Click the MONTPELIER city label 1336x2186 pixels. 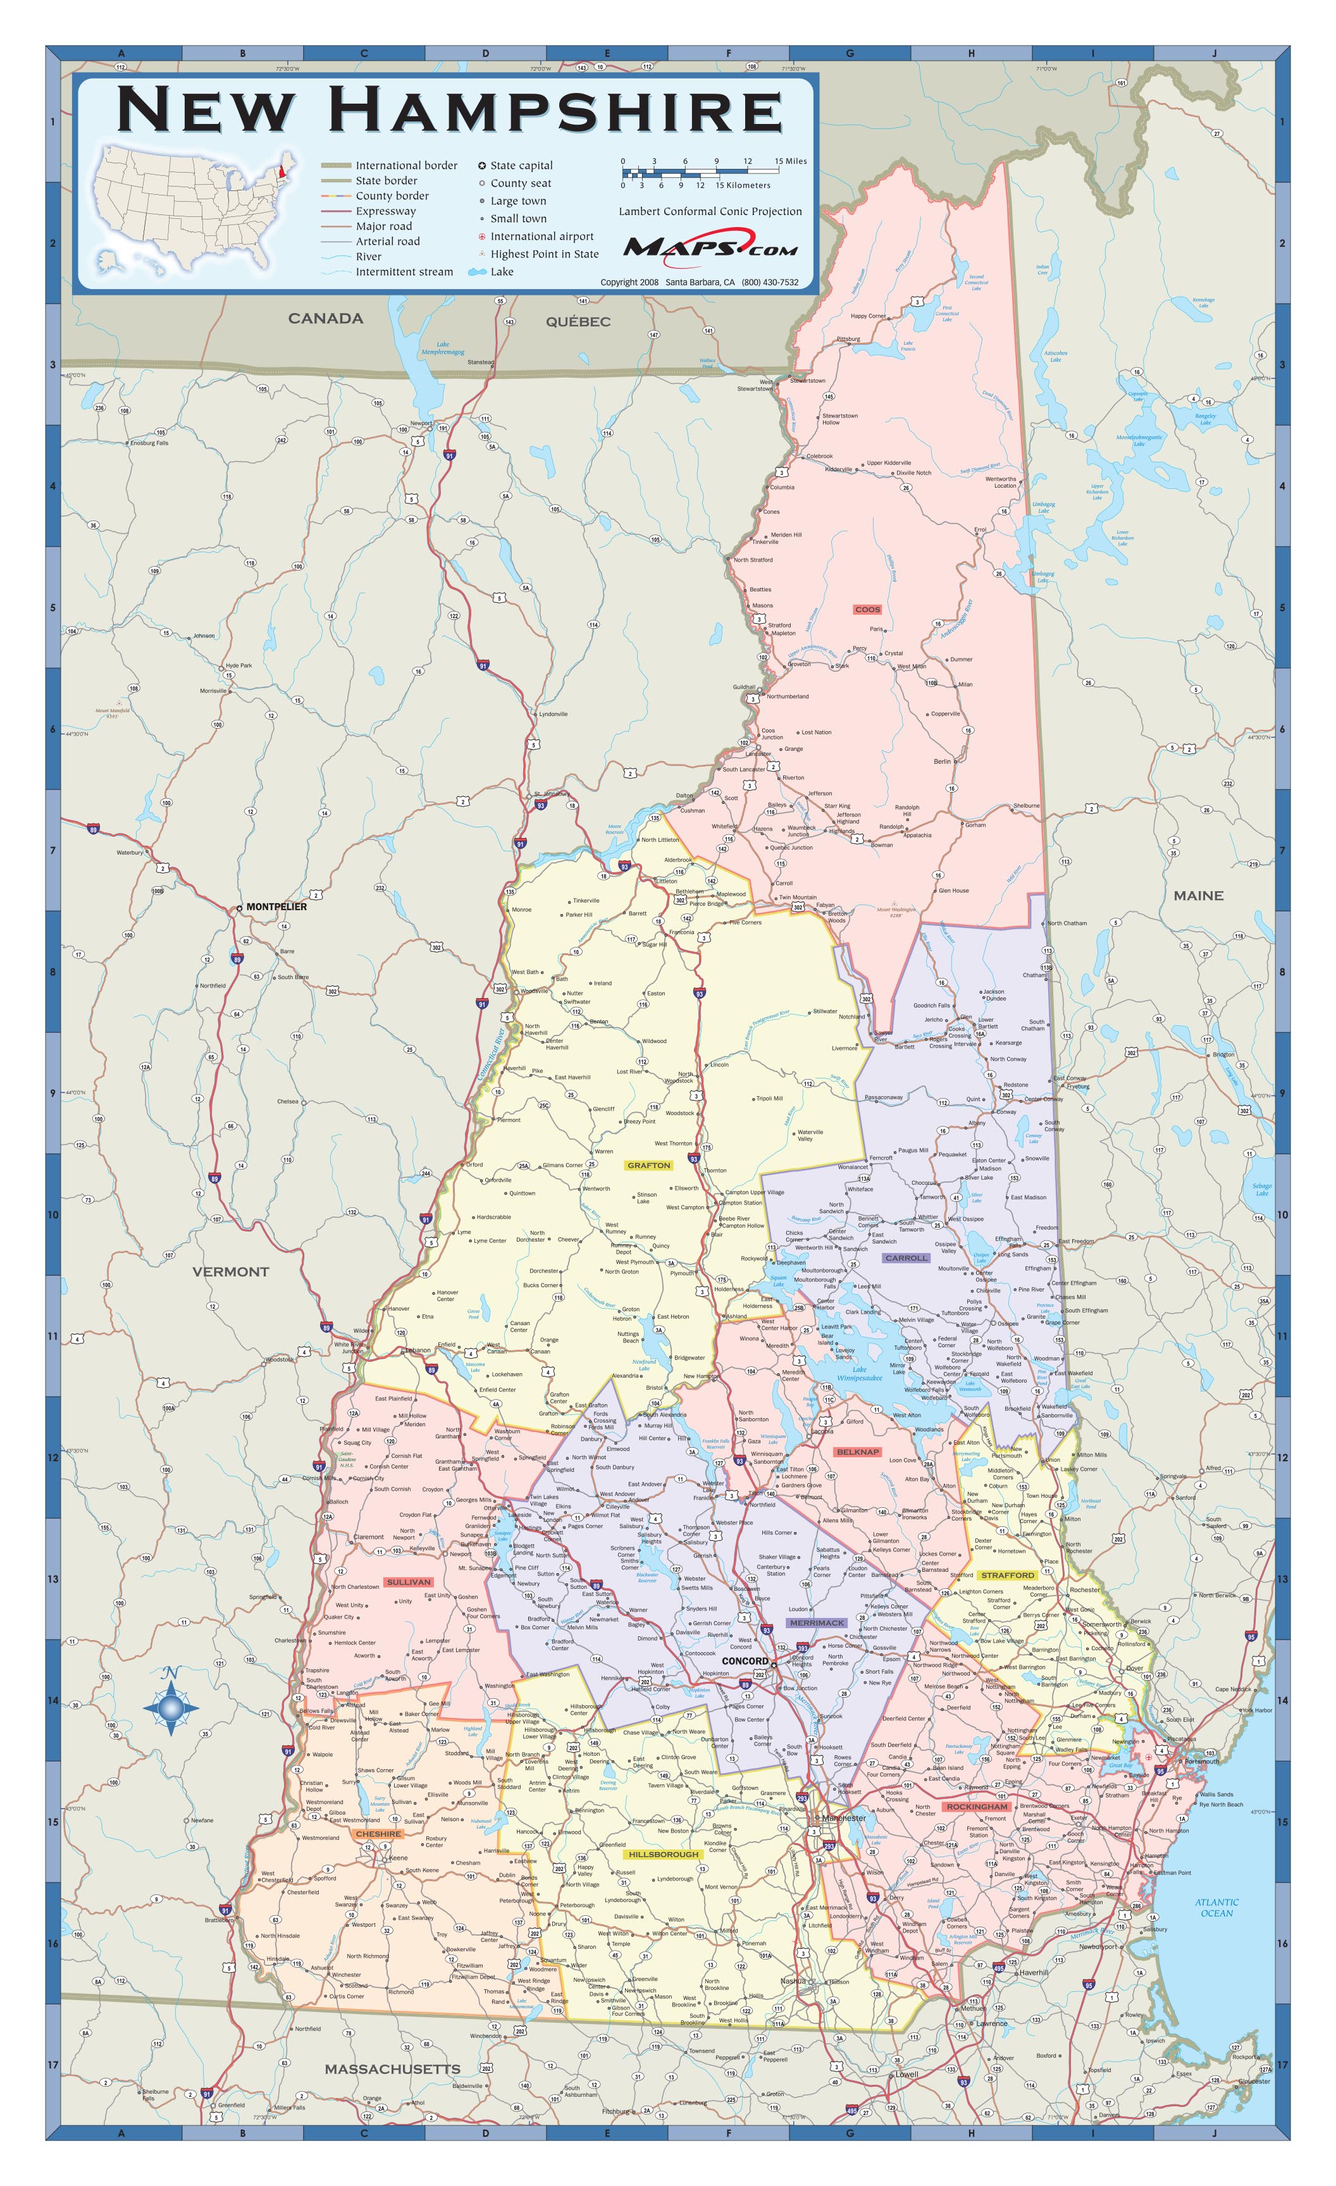[276, 906]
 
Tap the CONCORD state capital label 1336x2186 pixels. [745, 1661]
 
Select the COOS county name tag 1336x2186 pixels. [867, 610]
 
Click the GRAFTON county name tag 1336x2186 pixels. [648, 1165]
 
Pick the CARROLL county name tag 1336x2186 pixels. [905, 1258]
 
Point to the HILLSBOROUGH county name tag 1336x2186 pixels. [663, 1854]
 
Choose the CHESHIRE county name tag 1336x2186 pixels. [379, 1834]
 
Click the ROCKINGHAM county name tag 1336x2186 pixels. [977, 1806]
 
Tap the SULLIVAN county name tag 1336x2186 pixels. [409, 1582]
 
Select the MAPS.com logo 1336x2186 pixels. [710, 246]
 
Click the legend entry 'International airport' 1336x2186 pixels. [541, 236]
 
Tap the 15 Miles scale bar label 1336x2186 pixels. [791, 161]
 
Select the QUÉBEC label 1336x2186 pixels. [578, 321]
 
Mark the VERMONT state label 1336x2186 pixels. [231, 1271]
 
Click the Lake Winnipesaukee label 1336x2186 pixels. [860, 1373]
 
